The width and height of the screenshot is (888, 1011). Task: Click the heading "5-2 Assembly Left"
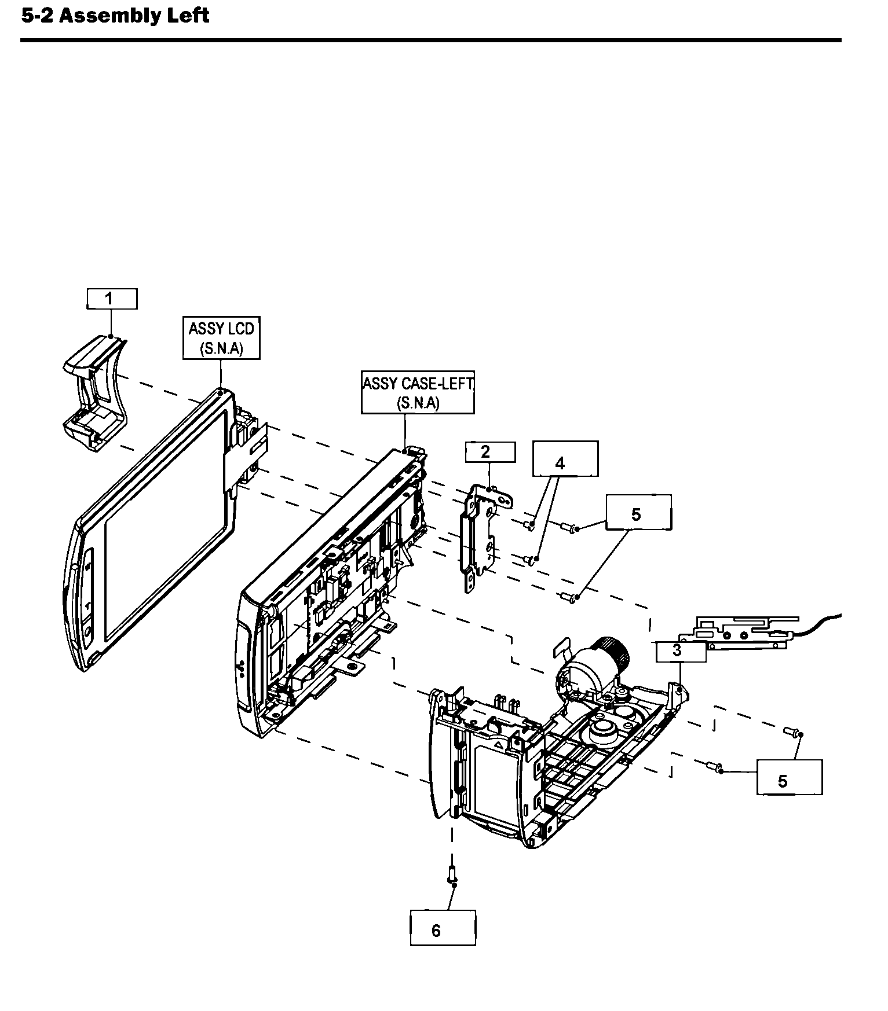(x=115, y=16)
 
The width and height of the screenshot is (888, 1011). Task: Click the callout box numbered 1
(x=112, y=299)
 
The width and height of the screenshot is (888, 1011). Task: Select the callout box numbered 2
(x=490, y=452)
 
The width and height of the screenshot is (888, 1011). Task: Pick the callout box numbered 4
(x=565, y=459)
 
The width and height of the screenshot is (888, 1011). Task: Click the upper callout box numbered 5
(x=638, y=512)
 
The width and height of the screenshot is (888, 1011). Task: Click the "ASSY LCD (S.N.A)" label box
(x=221, y=337)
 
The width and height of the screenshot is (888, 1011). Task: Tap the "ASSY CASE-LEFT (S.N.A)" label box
(x=418, y=392)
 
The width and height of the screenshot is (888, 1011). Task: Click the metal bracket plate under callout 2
(x=482, y=532)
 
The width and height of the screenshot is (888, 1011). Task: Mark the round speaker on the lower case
(x=602, y=729)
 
